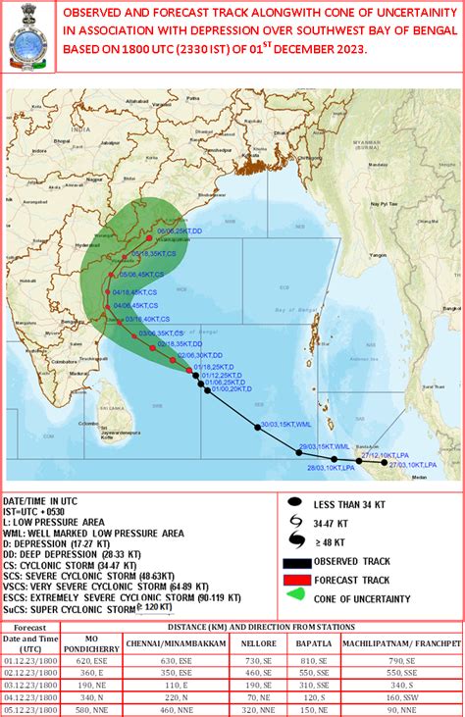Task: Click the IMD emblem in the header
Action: pos(28,38)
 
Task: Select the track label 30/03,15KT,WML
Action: pos(284,426)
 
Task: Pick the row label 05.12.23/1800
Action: pos(26,710)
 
